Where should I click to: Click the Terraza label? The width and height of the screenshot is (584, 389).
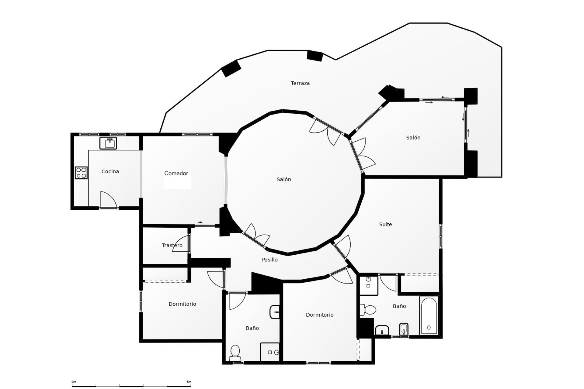[300, 83]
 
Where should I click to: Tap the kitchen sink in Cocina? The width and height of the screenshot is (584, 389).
[108, 143]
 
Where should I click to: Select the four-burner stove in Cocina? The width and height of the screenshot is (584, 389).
[81, 173]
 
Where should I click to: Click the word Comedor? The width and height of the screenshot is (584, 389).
[176, 173]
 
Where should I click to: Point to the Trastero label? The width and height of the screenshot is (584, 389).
[172, 245]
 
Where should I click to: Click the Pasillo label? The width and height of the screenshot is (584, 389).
[269, 260]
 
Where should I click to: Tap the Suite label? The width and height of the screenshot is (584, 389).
[385, 224]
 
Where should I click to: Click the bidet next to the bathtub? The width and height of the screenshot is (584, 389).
[403, 329]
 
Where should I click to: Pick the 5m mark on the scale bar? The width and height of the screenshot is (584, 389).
[189, 382]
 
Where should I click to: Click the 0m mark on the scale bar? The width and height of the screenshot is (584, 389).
[74, 382]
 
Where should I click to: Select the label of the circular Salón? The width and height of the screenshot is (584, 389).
[283, 179]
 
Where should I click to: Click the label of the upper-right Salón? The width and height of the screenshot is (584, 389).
[413, 138]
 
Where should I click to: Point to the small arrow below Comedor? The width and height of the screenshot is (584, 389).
[200, 222]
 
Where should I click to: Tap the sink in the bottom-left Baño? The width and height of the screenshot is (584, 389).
[275, 312]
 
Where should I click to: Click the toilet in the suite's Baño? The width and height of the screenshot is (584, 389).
[368, 310]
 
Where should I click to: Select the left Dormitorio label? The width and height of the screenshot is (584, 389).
[182, 304]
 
